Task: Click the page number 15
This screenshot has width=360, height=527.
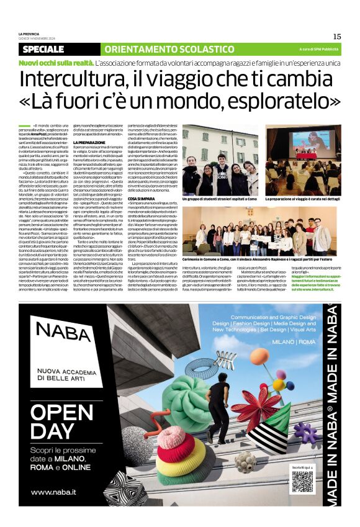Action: coord(337,36)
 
